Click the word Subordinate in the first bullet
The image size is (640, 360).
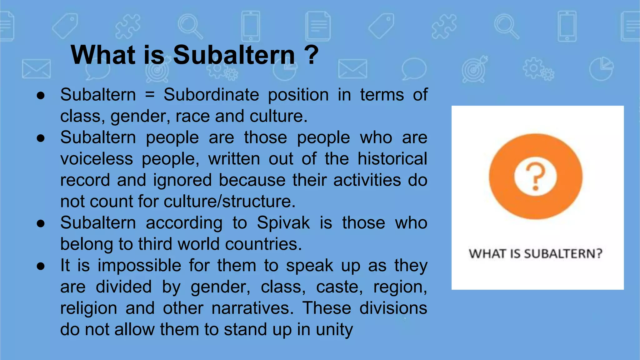211,95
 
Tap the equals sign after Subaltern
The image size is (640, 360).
150,95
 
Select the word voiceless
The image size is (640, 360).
97,159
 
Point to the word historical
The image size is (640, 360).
392,159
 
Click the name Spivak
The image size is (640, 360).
283,223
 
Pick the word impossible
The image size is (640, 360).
139,266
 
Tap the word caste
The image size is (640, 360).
339,287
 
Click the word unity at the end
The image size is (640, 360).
334,329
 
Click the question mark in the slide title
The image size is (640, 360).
311,55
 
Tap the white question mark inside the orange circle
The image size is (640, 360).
535,177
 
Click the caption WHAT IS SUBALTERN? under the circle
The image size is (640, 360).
535,253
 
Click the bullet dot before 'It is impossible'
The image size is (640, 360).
41,266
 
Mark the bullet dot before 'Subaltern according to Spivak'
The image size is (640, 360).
41,223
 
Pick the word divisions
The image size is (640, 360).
393,308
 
